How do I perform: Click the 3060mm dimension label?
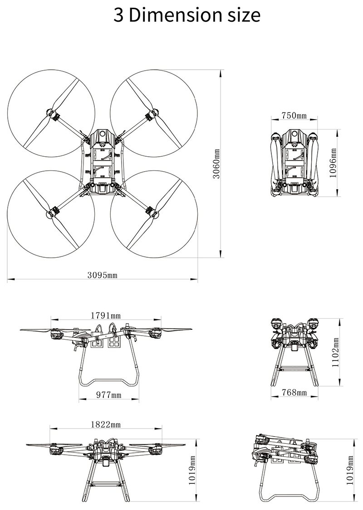(216, 164)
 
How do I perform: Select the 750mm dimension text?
(294, 115)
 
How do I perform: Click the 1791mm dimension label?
(105, 315)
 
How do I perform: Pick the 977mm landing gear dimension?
(109, 395)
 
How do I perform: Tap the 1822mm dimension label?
(105, 424)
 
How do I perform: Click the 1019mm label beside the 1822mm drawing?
(192, 468)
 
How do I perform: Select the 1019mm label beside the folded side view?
(349, 468)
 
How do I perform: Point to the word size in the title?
(242, 15)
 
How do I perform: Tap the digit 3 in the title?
(118, 15)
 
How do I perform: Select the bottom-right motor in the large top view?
(150, 211)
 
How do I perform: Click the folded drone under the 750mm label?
(294, 163)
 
